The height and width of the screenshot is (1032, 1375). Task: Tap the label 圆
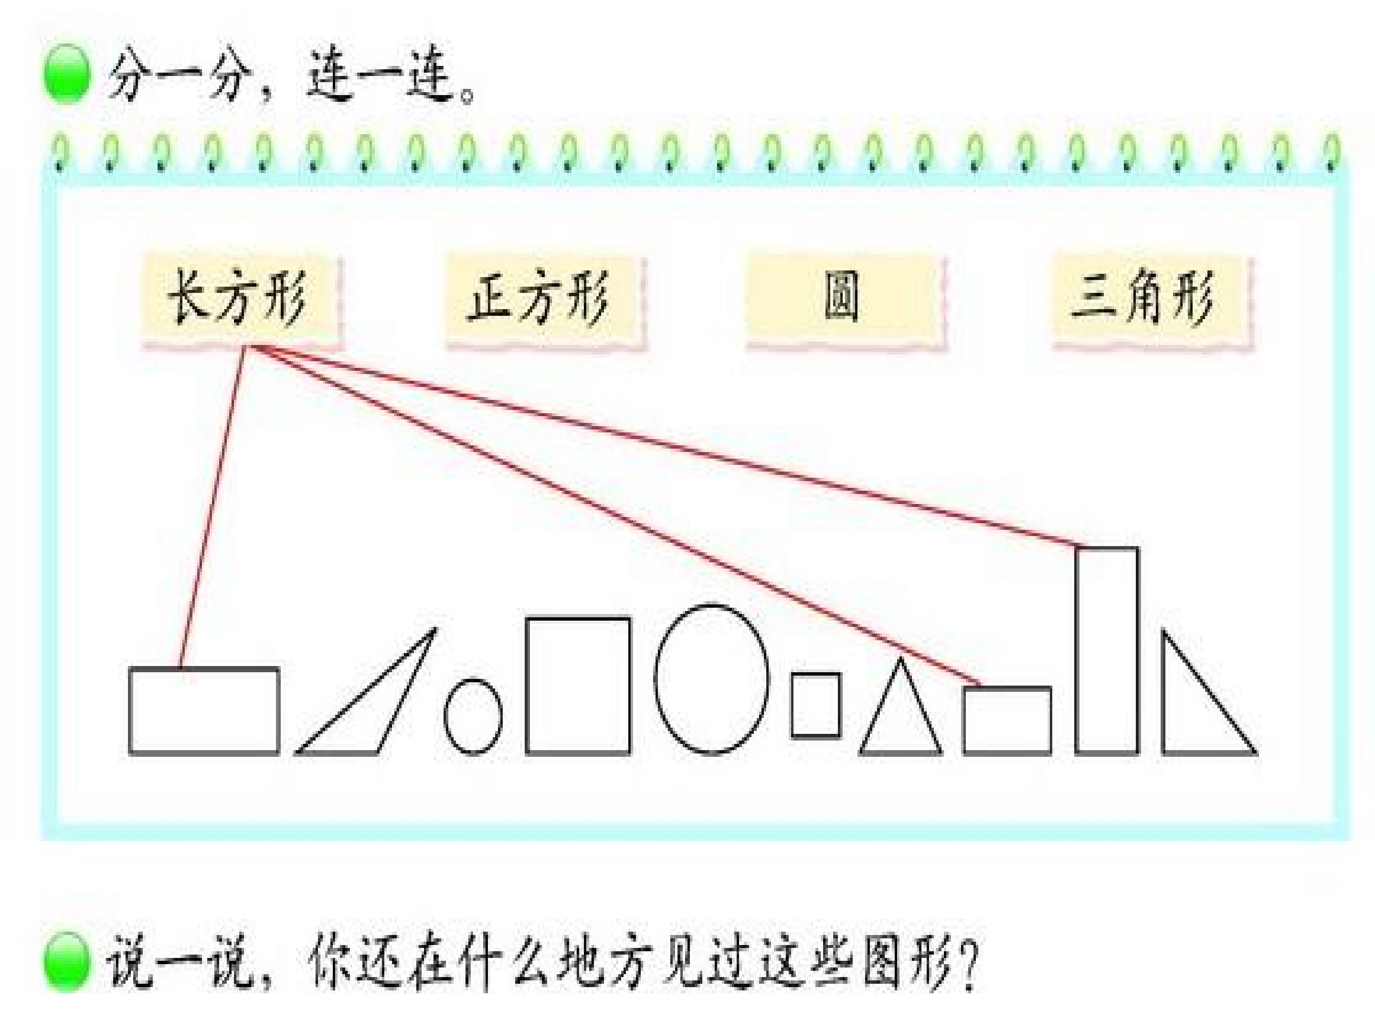(842, 297)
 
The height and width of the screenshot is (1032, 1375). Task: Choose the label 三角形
(1142, 297)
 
